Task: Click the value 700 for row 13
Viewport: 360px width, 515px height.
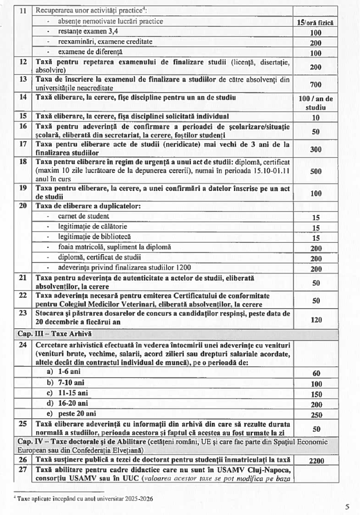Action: (x=316, y=84)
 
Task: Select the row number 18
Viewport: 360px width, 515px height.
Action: (x=23, y=162)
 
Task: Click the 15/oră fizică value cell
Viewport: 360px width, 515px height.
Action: (x=316, y=22)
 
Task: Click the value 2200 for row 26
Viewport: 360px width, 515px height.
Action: (x=316, y=461)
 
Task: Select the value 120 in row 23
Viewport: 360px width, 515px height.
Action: (x=316, y=320)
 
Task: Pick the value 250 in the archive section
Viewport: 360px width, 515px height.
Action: (x=316, y=415)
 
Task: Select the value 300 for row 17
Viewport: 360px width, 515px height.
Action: (x=316, y=149)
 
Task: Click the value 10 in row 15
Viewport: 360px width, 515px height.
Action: (x=316, y=117)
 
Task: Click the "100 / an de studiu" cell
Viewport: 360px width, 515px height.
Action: (x=316, y=103)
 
